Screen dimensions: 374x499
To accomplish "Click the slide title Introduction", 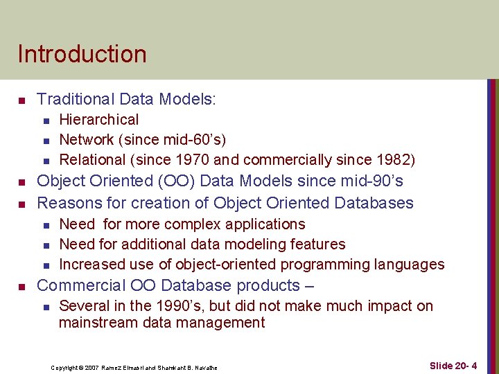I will click(x=82, y=54).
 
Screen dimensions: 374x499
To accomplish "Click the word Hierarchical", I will click(x=98, y=120).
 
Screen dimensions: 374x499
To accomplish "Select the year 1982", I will click(x=394, y=160).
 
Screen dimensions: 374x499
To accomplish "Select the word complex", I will click(x=187, y=224).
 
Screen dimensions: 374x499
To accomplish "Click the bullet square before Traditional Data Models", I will click(x=21, y=101).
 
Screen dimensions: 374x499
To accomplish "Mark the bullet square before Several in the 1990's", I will click(x=44, y=307).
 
